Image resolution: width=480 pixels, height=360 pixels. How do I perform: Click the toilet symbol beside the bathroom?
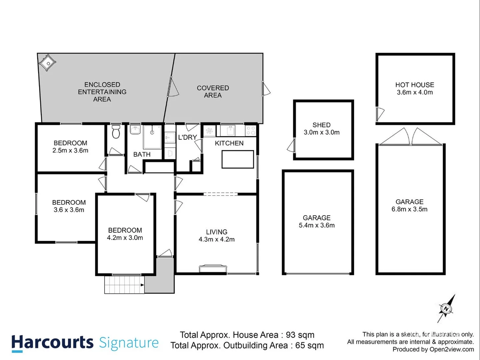point(116,132)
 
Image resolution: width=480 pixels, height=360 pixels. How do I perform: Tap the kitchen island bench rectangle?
point(238,159)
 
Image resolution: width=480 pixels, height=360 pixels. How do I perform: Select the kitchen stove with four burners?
point(250,130)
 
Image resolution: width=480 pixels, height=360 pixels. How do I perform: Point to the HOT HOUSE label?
point(415,85)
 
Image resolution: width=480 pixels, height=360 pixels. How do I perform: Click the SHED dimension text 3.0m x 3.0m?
point(321,132)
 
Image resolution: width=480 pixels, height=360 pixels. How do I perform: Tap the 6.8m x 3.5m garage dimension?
point(409,209)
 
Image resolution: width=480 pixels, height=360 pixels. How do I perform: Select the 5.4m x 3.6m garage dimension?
point(317,225)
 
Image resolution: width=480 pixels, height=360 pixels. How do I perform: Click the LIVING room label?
point(217,232)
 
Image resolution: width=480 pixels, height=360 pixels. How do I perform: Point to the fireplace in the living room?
point(213,268)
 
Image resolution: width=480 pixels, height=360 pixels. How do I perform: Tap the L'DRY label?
point(187,137)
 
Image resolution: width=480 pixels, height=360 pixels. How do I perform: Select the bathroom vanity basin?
point(135,130)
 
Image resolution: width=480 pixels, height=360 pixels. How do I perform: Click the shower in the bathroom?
point(152,137)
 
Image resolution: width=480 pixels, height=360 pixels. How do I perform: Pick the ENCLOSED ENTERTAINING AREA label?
point(102,92)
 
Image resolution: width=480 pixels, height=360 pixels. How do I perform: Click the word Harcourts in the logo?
point(52,343)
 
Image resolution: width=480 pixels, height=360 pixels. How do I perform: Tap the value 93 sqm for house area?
point(300,335)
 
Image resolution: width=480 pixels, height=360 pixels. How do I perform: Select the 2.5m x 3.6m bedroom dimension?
point(70,151)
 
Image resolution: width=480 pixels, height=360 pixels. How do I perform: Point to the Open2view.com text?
point(452,349)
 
